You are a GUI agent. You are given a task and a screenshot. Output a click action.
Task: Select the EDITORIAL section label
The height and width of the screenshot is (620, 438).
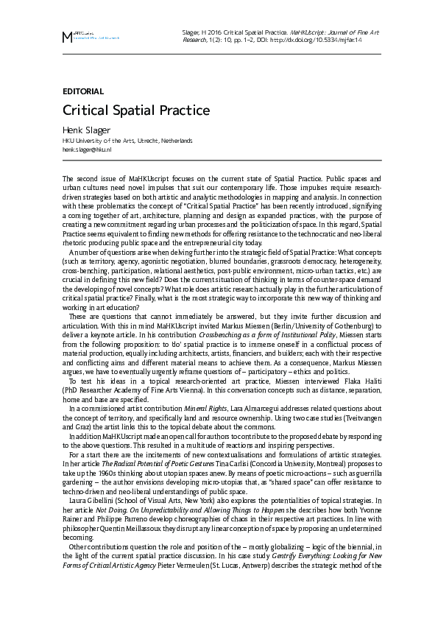83,91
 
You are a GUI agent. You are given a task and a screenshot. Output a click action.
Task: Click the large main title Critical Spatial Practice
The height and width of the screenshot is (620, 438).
136,111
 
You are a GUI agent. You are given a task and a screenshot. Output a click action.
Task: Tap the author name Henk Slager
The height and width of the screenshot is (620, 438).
86,130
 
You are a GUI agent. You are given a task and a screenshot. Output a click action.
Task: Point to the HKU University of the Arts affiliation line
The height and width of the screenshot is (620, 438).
127,140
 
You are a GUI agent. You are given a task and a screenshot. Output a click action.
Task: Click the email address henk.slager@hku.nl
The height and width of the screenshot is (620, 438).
87,149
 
